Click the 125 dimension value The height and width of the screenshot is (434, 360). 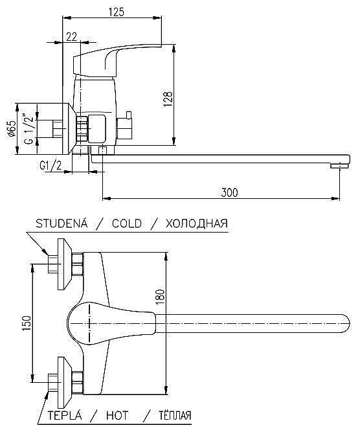117,12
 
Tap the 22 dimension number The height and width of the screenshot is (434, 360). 72,36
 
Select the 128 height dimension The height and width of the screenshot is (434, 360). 168,99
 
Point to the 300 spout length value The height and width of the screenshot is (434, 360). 229,192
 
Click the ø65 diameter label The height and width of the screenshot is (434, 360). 12,129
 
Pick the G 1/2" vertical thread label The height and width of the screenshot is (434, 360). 28,129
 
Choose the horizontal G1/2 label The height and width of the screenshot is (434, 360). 51,166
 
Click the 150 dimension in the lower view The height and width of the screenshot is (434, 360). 27,323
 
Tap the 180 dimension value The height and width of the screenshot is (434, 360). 160,297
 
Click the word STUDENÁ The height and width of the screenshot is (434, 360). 62,223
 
